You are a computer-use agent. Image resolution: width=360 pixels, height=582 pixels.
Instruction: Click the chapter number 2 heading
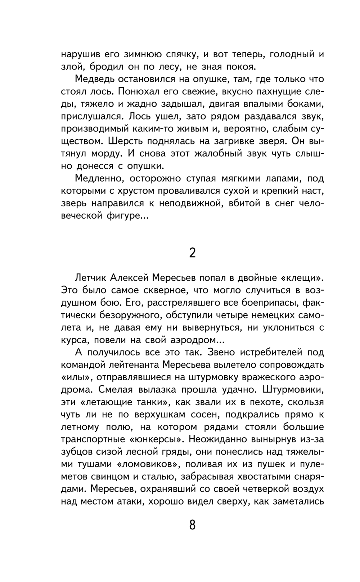pyautogui.click(x=192, y=253)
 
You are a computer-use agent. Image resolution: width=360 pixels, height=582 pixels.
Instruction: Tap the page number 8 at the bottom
pyautogui.click(x=192, y=524)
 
